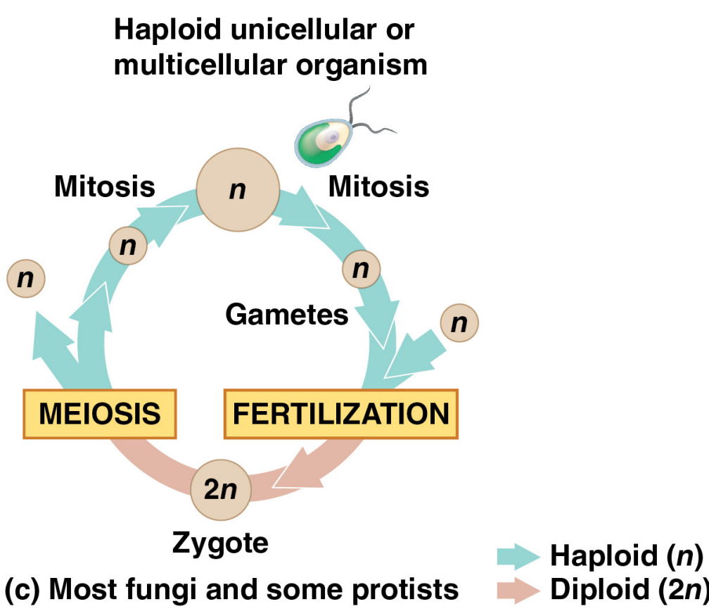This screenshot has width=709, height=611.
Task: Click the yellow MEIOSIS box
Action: click(99, 413)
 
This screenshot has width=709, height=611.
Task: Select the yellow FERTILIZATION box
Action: click(340, 413)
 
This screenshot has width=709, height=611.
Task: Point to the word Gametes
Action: click(287, 315)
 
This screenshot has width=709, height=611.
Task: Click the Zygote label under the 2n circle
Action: click(220, 543)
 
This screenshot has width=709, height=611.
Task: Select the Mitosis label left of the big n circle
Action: click(105, 187)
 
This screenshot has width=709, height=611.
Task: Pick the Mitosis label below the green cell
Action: click(378, 187)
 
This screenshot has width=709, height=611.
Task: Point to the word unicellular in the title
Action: click(295, 30)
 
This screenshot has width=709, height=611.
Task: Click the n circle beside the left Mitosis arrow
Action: click(127, 246)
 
